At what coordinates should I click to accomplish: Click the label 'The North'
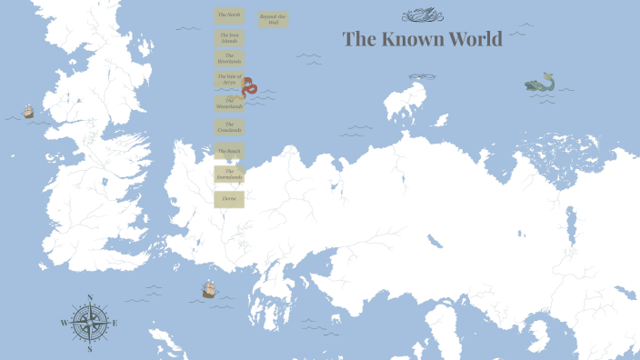228,15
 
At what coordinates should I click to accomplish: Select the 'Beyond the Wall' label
272,19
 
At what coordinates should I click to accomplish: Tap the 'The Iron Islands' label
228,37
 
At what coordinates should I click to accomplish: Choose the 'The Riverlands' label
228,58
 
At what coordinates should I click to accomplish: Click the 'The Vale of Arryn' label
228,79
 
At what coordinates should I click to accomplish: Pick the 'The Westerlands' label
228,104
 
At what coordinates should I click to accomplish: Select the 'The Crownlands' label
228,128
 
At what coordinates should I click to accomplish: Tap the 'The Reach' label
228,151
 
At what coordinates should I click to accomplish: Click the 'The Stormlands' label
228,174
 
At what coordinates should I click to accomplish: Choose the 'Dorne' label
228,198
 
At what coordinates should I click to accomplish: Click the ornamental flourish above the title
420,15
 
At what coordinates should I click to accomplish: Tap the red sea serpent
250,87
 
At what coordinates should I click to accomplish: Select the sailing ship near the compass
209,289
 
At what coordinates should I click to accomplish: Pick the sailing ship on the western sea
28,112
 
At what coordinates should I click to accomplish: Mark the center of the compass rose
90,323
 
